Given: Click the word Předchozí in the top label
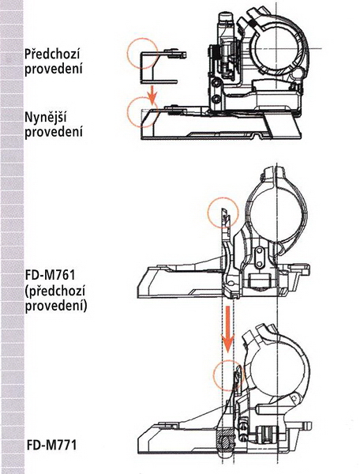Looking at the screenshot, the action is point(51,55).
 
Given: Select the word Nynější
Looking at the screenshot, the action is point(45,117).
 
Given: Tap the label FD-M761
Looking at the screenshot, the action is point(51,276).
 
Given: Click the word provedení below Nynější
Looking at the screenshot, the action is point(54,132).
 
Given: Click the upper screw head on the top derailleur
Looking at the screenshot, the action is point(215,82).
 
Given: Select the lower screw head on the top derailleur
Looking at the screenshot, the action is point(215,98).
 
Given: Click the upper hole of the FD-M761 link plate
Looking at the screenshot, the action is point(259,251).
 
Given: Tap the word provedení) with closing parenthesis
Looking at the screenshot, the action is point(56,306).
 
